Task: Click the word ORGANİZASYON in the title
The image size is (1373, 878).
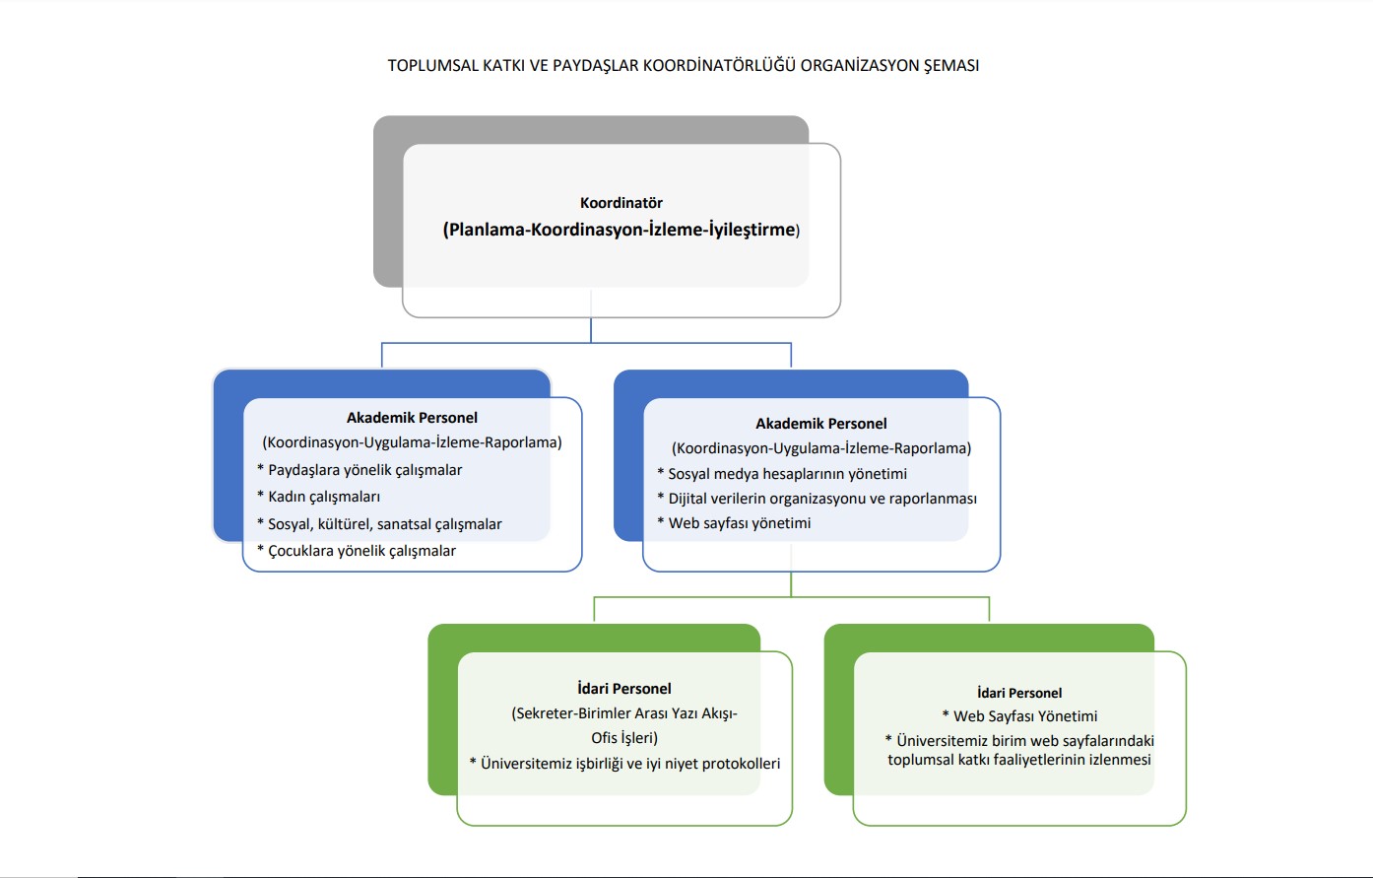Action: point(859,66)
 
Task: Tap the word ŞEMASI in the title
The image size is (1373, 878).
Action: point(951,66)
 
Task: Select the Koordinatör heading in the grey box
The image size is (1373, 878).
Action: point(621,203)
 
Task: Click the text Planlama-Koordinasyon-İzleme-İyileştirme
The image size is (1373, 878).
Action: point(621,230)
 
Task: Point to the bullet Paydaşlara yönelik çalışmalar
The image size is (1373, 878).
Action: point(364,470)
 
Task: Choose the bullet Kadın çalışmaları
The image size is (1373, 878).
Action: point(324,497)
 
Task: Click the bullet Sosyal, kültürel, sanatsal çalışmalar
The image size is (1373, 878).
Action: point(384,524)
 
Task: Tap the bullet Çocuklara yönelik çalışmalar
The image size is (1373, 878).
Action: point(361,551)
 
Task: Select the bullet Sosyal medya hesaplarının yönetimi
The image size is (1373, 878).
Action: point(787,474)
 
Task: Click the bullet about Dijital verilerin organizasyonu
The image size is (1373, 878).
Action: point(822,499)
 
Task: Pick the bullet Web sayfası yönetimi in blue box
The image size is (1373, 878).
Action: point(740,523)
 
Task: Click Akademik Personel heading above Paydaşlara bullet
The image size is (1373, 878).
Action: point(412,418)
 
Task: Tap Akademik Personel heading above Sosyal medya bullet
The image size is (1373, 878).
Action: point(821,424)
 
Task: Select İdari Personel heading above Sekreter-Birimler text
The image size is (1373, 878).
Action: point(624,689)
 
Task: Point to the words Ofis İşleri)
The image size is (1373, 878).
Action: point(624,738)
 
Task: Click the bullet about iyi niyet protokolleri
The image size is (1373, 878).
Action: point(630,764)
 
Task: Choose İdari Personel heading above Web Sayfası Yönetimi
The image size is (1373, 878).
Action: point(1019,693)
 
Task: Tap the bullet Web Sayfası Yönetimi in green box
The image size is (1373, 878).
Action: point(1024,716)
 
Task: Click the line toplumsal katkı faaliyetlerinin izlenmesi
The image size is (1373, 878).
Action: point(1019,760)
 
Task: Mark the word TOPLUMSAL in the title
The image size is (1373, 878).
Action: point(432,66)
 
